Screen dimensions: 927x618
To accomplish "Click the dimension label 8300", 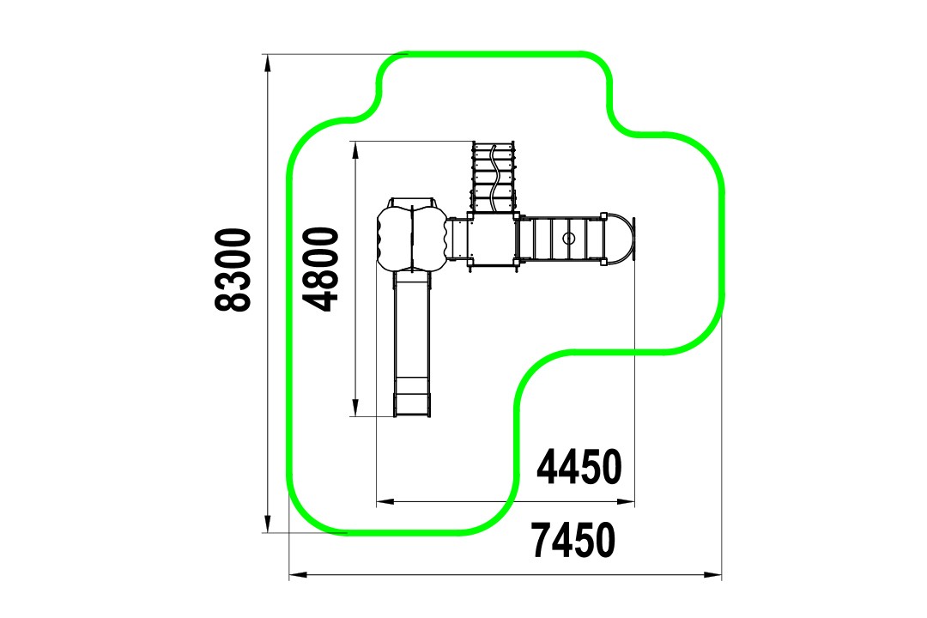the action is pos(233,270).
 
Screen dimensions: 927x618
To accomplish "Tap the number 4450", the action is pos(579,467).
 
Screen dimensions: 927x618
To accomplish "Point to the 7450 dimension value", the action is pos(573,540).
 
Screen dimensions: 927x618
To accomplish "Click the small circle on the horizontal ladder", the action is pos(568,239).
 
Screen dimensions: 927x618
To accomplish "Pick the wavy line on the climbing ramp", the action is pos(494,178).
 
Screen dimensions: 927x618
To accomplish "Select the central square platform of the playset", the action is pos(492,240).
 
